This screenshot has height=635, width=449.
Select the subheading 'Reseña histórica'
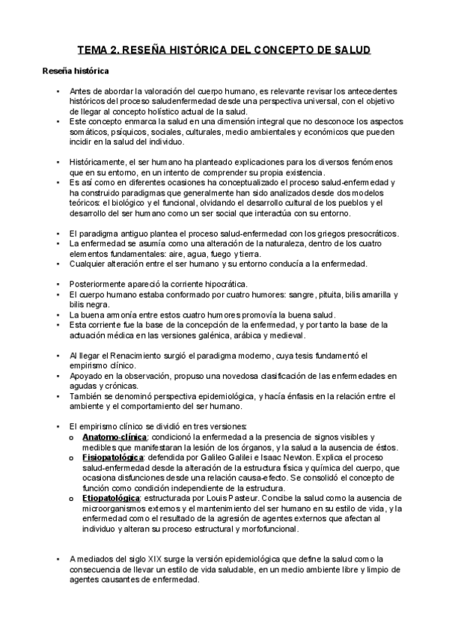[x=74, y=72]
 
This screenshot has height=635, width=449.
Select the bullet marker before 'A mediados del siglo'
[x=58, y=559]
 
